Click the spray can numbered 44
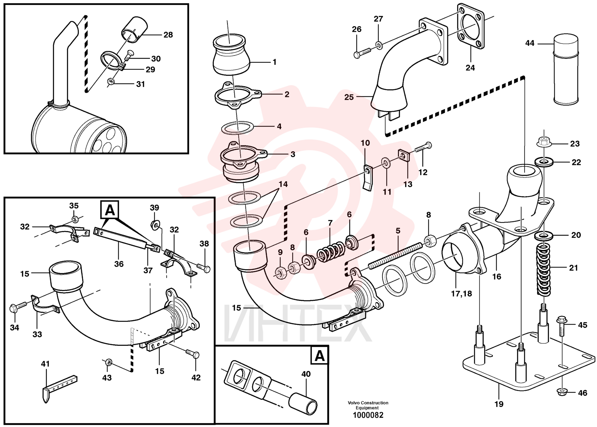point(566,70)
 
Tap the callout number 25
point(349,97)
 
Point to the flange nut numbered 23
point(544,142)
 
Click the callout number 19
point(499,404)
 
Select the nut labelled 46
point(562,392)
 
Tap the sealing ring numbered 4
point(237,127)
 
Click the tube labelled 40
point(302,403)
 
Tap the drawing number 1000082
point(368,415)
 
